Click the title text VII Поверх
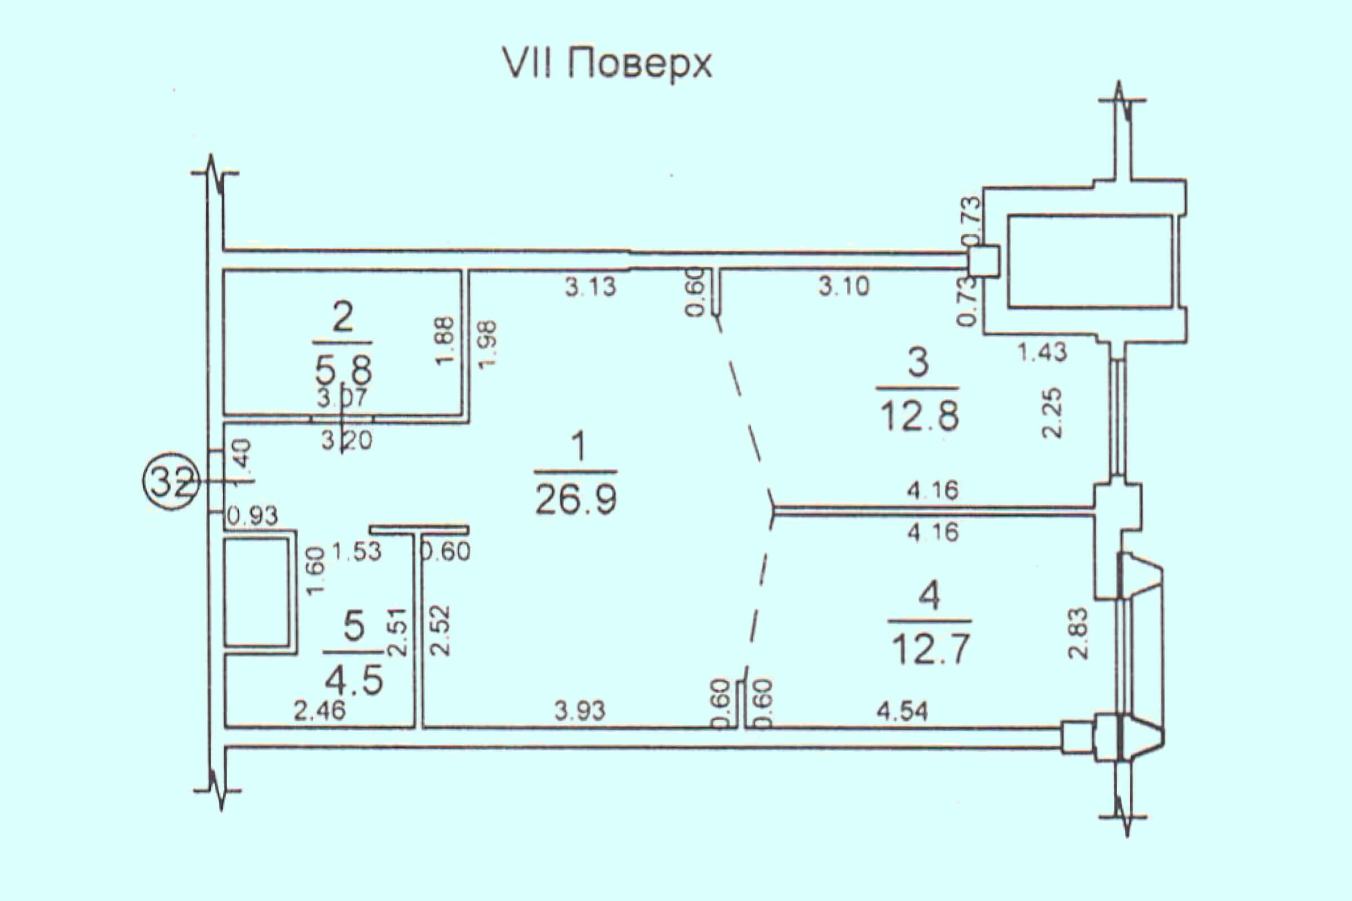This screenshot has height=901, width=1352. tap(607, 64)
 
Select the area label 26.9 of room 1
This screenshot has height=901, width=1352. tap(576, 499)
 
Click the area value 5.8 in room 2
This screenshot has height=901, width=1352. tap(344, 370)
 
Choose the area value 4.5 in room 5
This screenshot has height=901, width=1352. tap(354, 681)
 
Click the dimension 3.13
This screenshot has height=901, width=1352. tap(590, 287)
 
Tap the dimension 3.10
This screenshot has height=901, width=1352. tap(844, 286)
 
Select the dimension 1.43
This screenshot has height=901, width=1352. tap(1043, 351)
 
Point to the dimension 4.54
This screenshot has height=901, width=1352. tap(902, 712)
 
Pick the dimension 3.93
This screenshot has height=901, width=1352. tap(580, 711)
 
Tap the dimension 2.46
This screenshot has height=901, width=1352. tap(319, 711)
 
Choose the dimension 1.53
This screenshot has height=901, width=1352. tap(357, 552)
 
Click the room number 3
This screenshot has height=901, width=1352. tap(918, 363)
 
